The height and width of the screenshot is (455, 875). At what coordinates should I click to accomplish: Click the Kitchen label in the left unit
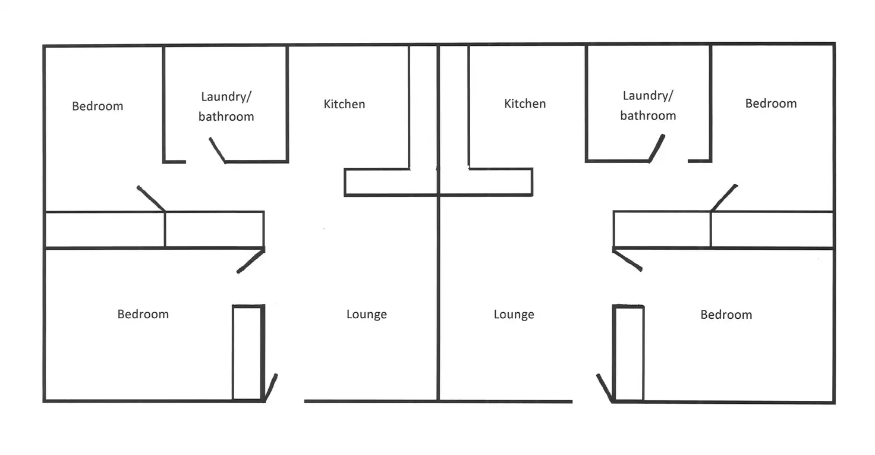344,104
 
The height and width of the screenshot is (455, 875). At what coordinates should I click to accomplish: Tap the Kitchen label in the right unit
525,103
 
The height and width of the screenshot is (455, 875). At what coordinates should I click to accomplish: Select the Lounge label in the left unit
367,314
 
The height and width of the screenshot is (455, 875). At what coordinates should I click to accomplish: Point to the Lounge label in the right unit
514,314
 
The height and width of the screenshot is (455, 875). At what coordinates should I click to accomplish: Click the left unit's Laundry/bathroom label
226,106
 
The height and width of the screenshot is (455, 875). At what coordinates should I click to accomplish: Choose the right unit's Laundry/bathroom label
648,105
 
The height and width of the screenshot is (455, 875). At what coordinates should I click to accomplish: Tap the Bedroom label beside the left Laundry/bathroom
97,106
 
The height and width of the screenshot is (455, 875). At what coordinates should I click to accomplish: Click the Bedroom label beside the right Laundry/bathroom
771,103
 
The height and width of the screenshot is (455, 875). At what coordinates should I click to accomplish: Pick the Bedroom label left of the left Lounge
143,313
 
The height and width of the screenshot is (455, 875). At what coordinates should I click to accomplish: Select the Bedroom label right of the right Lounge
726,314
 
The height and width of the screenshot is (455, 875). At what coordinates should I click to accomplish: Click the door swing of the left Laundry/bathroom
218,150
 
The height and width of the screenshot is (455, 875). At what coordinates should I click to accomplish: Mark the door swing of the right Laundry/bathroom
657,148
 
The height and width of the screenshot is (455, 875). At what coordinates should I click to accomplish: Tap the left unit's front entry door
270,387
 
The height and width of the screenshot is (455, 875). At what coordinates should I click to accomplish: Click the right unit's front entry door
605,388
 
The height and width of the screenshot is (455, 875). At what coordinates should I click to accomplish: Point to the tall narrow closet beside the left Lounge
247,353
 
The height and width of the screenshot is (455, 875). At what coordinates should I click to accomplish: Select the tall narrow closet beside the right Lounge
628,353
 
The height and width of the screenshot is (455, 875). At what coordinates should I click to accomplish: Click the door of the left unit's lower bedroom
251,261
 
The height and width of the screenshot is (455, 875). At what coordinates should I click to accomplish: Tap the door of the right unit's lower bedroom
627,260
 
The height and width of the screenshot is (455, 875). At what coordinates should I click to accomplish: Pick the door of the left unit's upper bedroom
151,199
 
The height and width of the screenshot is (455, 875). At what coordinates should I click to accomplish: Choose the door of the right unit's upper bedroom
724,197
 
